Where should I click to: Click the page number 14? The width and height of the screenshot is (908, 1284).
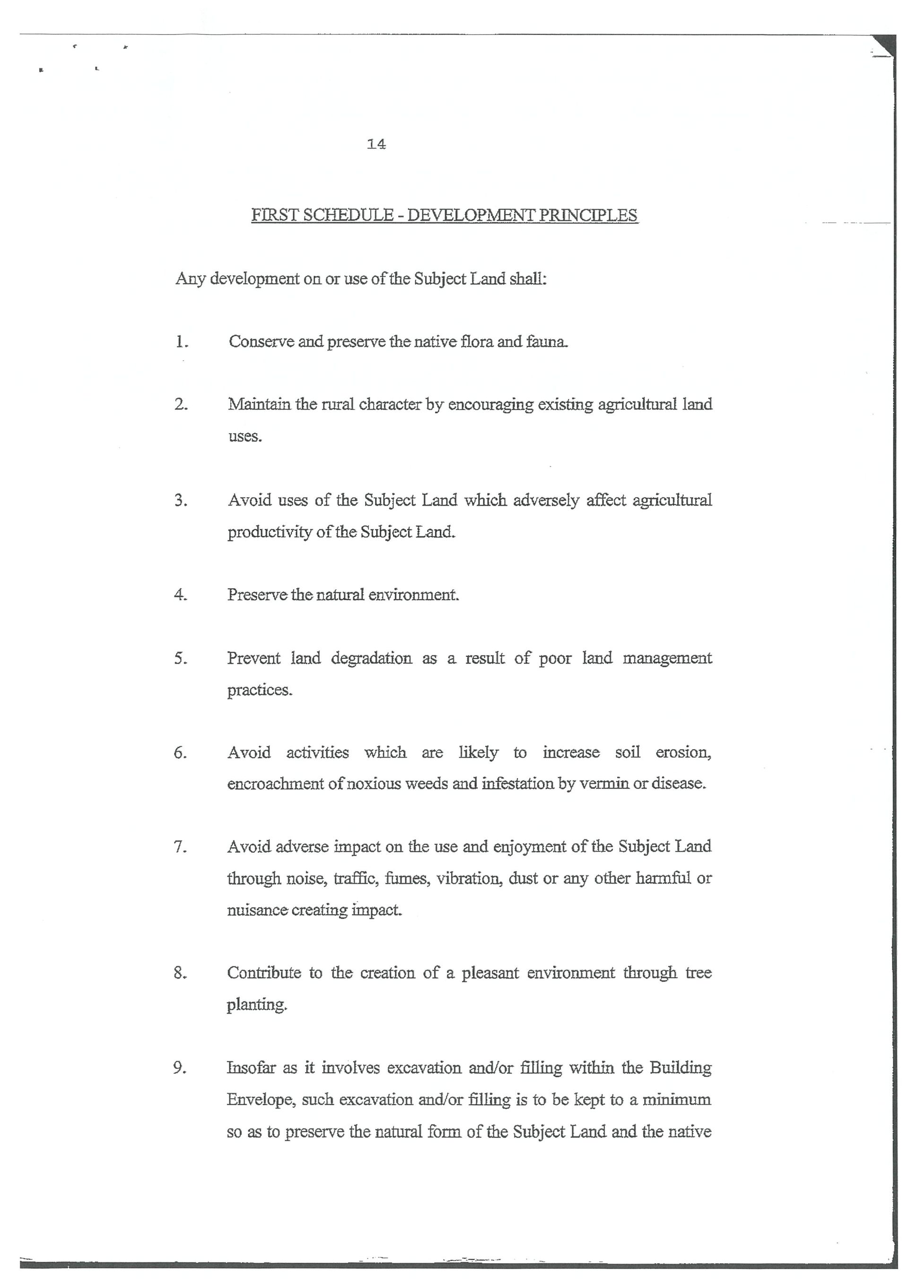(376, 144)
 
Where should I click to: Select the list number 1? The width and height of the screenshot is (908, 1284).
(181, 342)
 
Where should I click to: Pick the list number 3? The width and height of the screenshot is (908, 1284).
(181, 500)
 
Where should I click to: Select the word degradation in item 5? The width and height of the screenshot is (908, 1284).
(371, 658)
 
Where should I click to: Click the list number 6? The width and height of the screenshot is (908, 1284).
(180, 753)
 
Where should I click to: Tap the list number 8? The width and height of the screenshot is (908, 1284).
(180, 974)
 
